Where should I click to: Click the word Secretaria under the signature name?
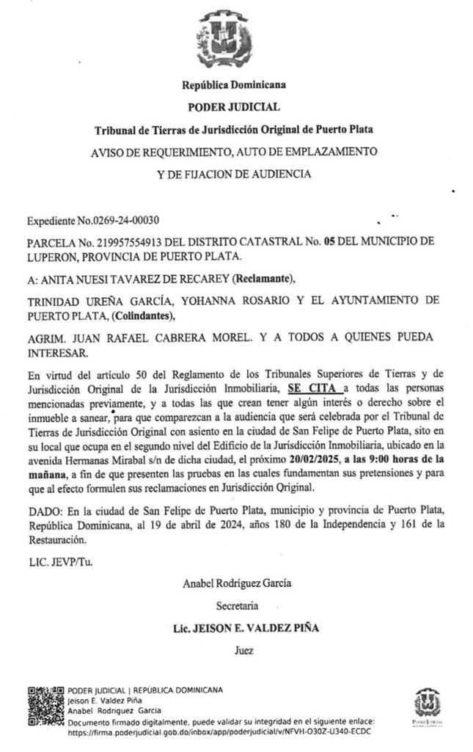tap(237, 607)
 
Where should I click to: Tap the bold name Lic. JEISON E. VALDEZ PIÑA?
tap(236, 628)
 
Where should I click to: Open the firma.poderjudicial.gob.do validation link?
tap(219, 731)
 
